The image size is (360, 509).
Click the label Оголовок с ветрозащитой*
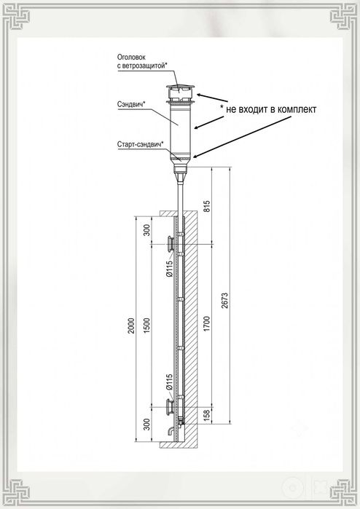[142, 61]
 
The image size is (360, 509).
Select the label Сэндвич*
[131, 104]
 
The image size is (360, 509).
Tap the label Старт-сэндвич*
[140, 144]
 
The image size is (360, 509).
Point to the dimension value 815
[207, 206]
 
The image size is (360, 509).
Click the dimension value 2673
[225, 300]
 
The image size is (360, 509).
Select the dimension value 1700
[207, 323]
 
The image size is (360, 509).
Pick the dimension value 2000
[130, 326]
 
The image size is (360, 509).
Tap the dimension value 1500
[147, 326]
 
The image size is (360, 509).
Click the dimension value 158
[207, 415]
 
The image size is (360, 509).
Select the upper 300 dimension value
[147, 230]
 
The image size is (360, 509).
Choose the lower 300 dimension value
[147, 425]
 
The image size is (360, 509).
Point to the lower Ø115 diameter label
[169, 382]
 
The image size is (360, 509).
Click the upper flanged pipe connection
[171, 244]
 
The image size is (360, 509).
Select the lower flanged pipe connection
[171, 407]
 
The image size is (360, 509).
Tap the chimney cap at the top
[180, 94]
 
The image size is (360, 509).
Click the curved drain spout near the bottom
[171, 431]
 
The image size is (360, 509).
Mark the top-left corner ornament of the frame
[16, 16]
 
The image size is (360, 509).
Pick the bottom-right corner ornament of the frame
[343, 492]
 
